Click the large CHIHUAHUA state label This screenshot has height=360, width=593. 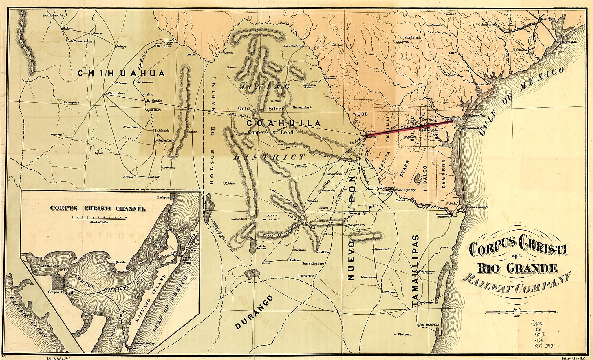[x=121, y=73]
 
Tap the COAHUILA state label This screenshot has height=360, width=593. [x=283, y=123]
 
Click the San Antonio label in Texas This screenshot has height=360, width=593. [x=413, y=38]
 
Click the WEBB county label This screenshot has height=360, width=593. [x=360, y=114]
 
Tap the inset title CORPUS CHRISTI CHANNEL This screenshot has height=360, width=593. [x=98, y=209]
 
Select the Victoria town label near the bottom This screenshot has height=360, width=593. [x=404, y=335]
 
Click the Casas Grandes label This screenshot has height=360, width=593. [x=53, y=15]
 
